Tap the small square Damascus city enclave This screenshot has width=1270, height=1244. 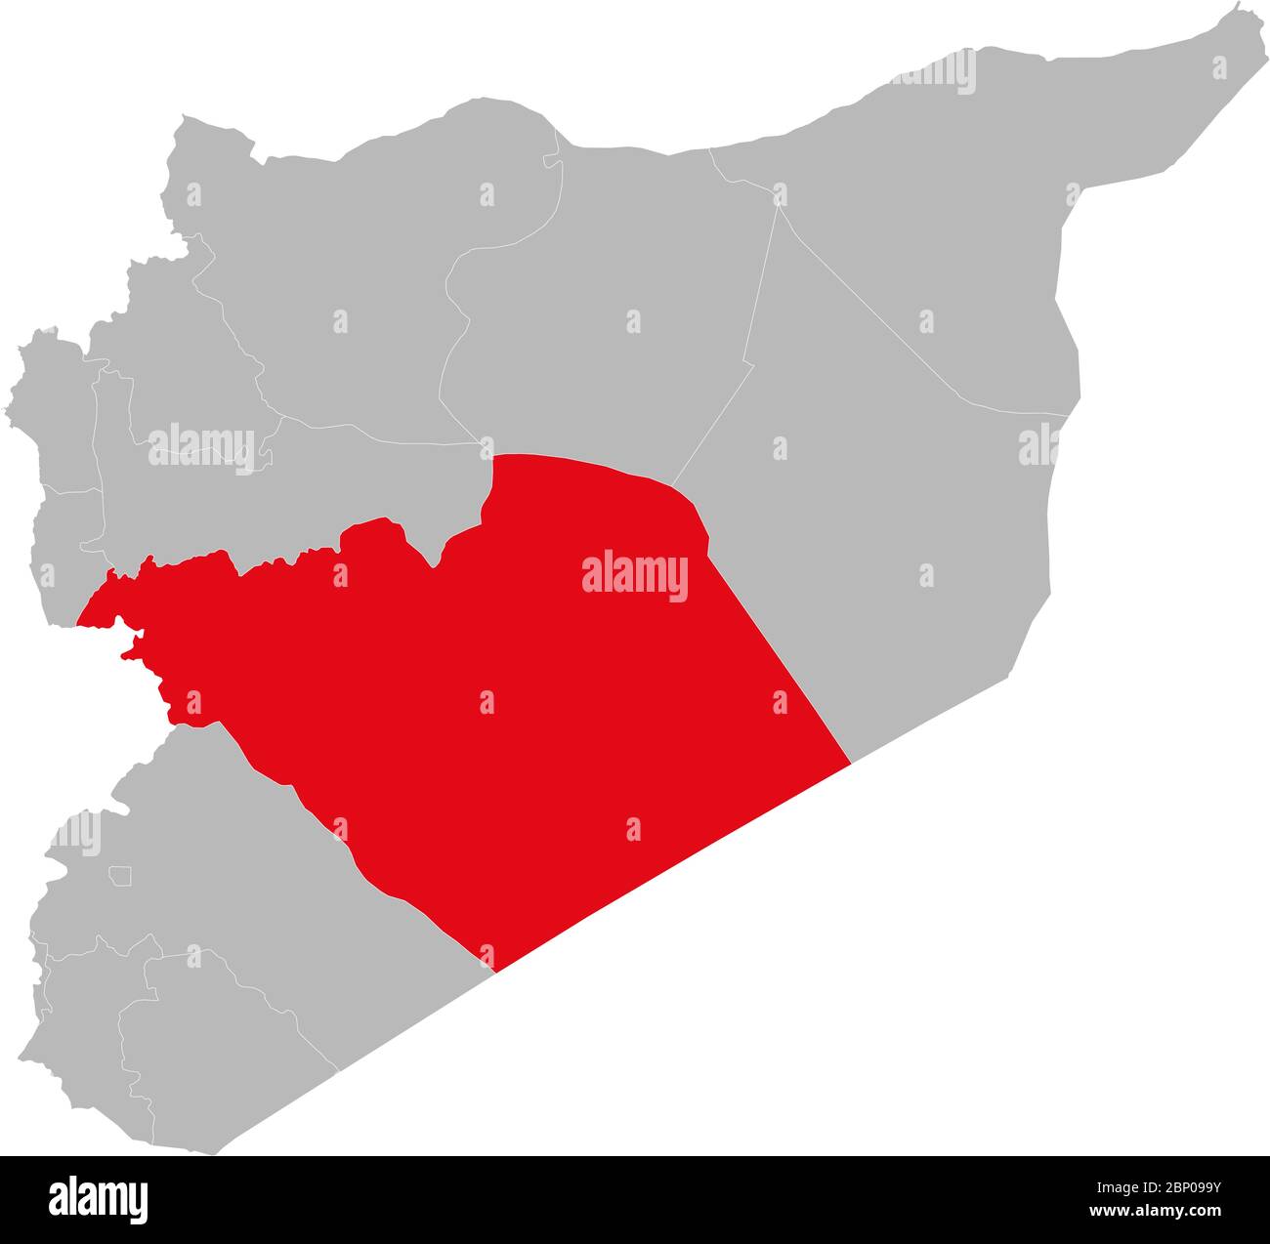(x=120, y=876)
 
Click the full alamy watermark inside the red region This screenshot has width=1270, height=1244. (x=635, y=576)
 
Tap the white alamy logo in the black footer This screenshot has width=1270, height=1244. (x=99, y=1198)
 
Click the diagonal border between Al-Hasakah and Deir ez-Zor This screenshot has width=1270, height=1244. (x=879, y=312)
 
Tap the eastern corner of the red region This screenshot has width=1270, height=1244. (x=848, y=763)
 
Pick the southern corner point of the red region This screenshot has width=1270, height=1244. (x=495, y=971)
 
